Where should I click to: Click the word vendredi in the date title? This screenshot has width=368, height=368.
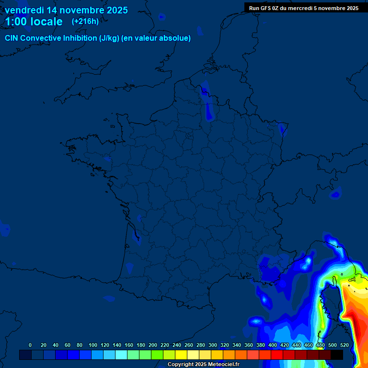pyautogui.click(x=24, y=10)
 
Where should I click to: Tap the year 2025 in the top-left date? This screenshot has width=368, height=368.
pyautogui.click(x=114, y=10)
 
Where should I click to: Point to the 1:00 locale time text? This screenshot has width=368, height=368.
pyautogui.click(x=34, y=22)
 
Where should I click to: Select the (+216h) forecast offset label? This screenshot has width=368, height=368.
pyautogui.click(x=85, y=22)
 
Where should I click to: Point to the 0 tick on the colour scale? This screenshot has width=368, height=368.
pyautogui.click(x=30, y=345)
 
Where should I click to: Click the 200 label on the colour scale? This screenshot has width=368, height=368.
pyautogui.click(x=152, y=345)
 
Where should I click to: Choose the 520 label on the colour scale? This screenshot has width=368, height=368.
pyautogui.click(x=344, y=345)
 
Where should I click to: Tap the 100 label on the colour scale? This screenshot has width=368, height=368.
pyautogui.click(x=92, y=345)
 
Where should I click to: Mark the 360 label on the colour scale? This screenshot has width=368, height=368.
pyautogui.click(x=248, y=345)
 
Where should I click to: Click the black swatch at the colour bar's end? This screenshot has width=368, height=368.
pyautogui.click(x=336, y=355)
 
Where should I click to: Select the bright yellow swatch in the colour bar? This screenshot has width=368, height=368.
pyautogui.click(x=181, y=355)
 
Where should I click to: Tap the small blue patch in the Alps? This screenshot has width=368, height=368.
pyautogui.click(x=336, y=195)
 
